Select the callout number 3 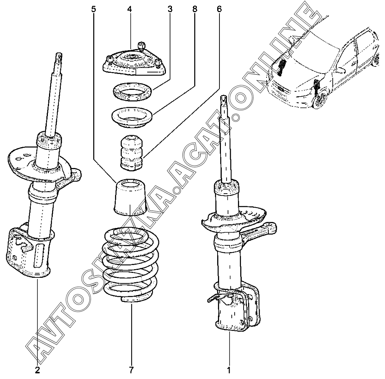[170, 9]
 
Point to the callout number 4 [129, 9]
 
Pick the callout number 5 [94, 9]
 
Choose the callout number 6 [219, 9]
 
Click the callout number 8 [195, 9]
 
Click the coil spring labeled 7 [130, 264]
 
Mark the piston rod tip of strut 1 [223, 100]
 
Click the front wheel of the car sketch [321, 100]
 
